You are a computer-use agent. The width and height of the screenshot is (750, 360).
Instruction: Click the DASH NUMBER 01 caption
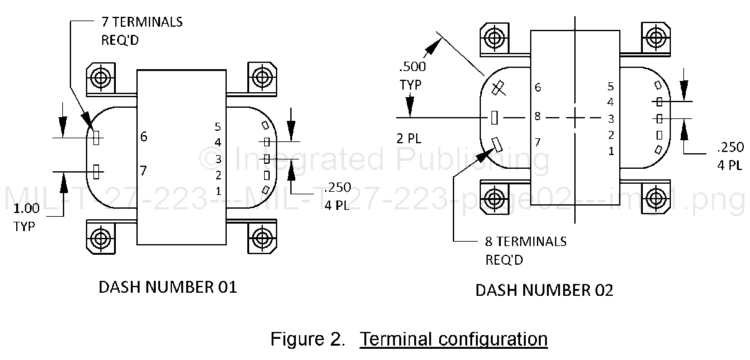168,287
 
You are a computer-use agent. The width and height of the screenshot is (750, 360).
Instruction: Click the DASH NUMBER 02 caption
544,290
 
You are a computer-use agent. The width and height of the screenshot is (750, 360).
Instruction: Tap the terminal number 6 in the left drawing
144,136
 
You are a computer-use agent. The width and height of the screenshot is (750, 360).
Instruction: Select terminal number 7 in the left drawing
144,170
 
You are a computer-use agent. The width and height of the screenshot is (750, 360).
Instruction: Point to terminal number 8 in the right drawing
538,116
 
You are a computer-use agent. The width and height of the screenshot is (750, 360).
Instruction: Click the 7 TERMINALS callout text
142,22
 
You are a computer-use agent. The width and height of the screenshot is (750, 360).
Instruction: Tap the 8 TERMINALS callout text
526,241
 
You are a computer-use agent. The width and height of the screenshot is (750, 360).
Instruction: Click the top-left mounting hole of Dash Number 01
100,78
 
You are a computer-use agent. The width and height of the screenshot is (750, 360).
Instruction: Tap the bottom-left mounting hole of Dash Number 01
100,237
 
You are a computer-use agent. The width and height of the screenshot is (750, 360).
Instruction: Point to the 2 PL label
409,138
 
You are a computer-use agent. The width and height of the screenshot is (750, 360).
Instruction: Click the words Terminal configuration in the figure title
454,339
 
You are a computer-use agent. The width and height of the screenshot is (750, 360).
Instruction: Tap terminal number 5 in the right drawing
611,87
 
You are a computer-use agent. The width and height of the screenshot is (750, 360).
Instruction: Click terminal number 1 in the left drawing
217,189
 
